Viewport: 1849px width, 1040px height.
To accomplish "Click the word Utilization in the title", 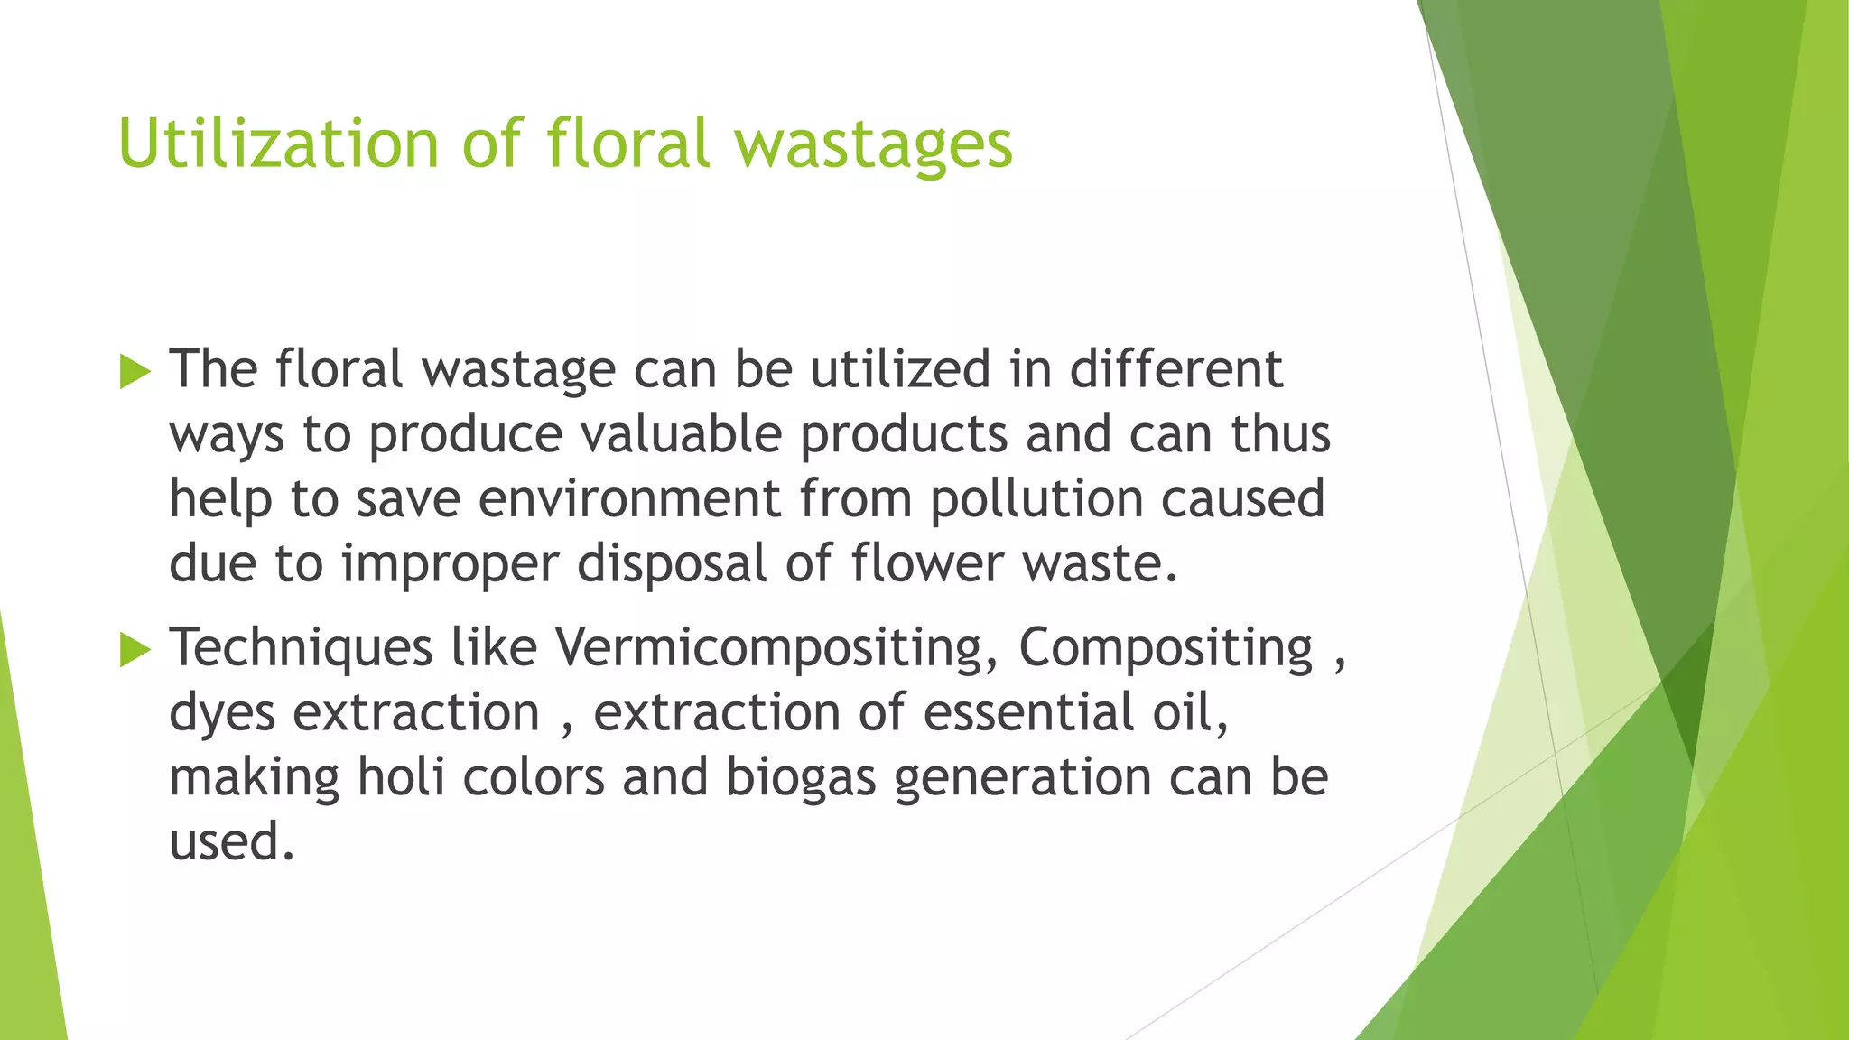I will click(278, 144).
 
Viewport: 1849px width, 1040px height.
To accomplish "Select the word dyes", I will click(222, 714).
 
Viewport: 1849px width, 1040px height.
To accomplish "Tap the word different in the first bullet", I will click(1175, 369).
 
